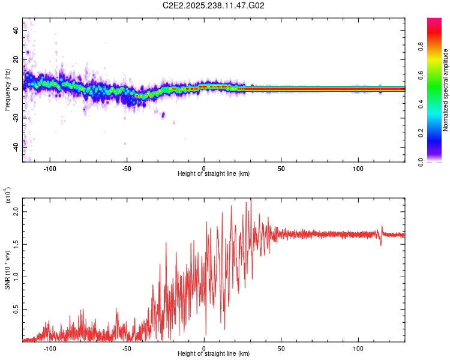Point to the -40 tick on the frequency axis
17,147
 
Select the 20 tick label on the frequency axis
17,59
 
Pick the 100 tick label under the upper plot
358,167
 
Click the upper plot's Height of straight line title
214,174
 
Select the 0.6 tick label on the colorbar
438,74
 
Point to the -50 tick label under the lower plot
127,348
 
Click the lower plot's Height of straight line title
214,354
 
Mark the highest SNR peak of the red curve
251,199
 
